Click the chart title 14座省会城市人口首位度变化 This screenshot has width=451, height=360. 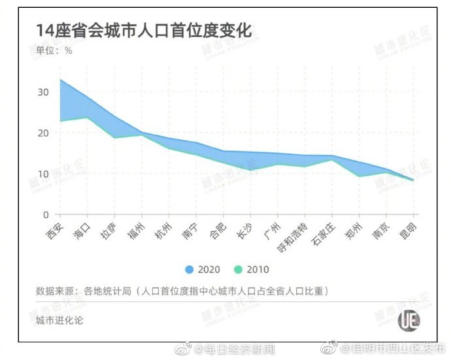143,30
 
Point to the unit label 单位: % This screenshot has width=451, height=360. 54,51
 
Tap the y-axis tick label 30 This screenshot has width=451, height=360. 43,92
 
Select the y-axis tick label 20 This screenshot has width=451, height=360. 43,133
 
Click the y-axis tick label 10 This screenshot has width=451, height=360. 43,174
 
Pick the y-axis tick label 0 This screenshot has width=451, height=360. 46,215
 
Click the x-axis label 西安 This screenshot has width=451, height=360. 55,231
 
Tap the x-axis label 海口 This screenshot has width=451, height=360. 82,231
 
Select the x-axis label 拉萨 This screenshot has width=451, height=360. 110,231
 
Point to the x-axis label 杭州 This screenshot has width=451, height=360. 164,231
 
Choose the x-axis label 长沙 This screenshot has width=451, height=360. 246,231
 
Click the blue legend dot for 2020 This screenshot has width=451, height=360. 190,269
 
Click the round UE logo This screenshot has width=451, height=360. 410,320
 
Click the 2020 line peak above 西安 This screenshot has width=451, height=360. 60,80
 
